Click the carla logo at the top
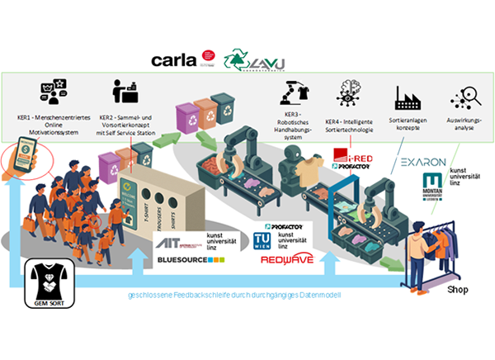tap(173, 59)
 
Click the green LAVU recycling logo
tap(243, 60)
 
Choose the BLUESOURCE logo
tap(190, 260)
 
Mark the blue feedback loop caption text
tap(234, 295)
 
